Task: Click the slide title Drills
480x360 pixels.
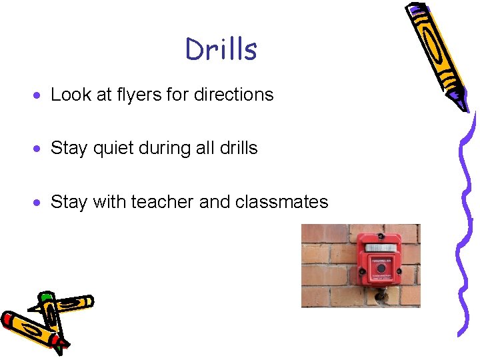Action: coord(221,49)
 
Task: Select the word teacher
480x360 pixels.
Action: coord(162,201)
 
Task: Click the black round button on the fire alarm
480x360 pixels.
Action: coord(381,269)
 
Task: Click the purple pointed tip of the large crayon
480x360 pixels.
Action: coord(461,101)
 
